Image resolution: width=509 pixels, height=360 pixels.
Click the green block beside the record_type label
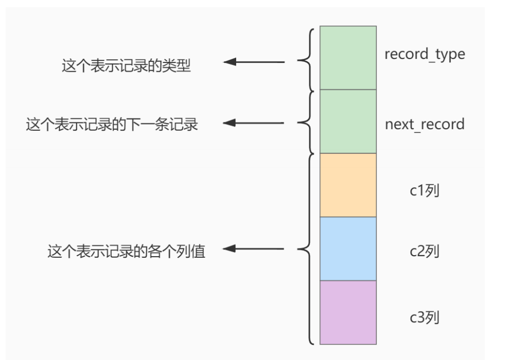pos(348,58)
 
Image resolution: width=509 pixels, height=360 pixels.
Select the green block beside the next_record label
pos(348,121)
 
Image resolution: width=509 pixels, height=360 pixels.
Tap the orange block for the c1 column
pos(348,185)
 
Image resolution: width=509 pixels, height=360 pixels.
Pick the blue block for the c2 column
pos(348,248)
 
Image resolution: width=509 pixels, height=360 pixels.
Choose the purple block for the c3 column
pos(348,312)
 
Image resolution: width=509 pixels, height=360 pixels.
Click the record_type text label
pos(424,54)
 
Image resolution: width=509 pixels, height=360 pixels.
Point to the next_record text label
pos(424,124)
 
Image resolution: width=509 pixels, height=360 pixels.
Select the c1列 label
pos(424,191)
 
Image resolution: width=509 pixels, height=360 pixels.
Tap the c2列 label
pos(424,252)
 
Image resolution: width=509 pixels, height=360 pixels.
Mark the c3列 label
pos(424,317)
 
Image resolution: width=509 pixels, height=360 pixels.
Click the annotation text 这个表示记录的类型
pos(126,67)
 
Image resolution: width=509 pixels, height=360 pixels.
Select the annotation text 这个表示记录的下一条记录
pos(112,124)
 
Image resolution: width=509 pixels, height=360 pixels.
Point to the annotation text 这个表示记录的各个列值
pos(127,252)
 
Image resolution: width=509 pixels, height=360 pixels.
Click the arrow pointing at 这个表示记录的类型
pos(253,62)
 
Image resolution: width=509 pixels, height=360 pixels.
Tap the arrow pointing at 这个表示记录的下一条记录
pos(253,123)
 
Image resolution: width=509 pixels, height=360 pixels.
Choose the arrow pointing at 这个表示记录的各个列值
pos(253,249)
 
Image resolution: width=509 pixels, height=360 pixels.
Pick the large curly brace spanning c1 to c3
pos(305,249)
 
